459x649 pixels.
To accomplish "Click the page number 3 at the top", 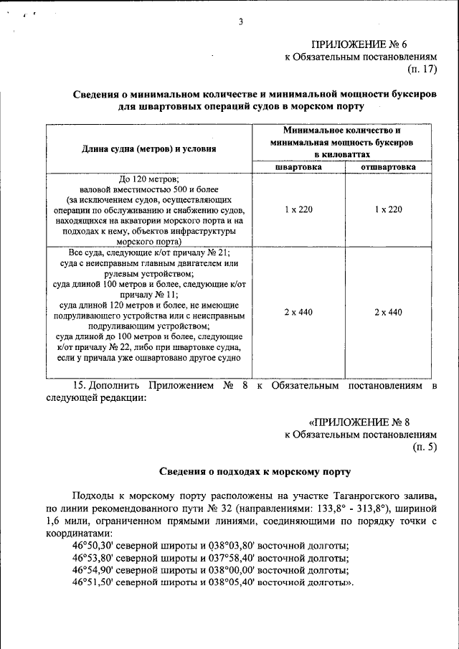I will coord(241,22).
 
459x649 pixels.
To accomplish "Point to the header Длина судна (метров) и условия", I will coord(149,148).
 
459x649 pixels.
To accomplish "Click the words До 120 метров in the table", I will coord(148,179).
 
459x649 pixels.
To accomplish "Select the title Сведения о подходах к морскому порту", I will coord(254,472).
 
